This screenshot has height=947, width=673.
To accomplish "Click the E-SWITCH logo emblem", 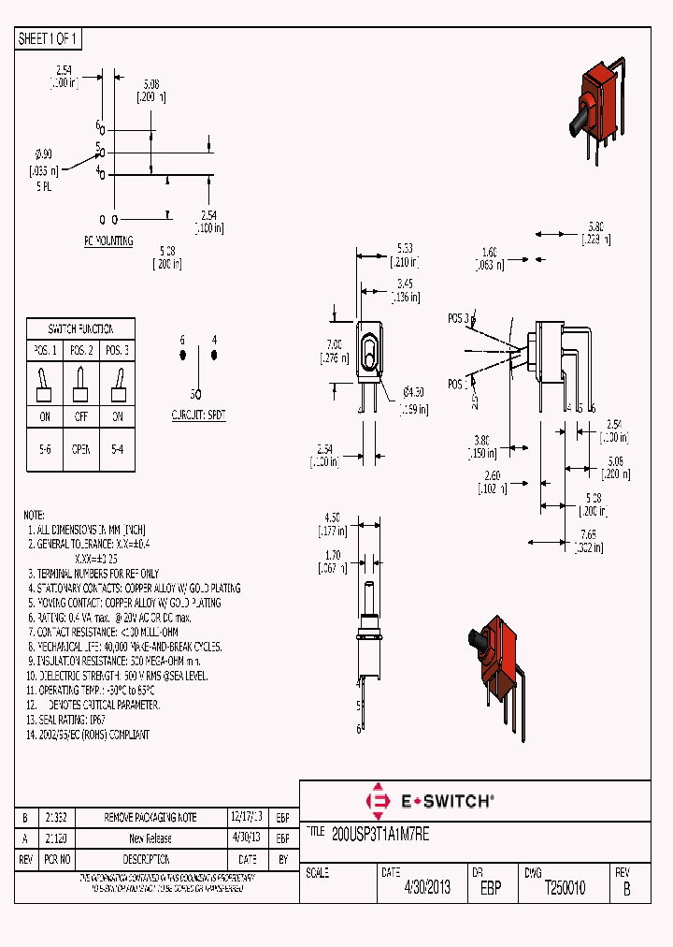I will pyautogui.click(x=379, y=801).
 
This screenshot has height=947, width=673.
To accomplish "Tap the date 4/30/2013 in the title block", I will pyautogui.click(x=427, y=888).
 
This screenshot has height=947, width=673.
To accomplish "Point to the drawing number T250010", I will pyautogui.click(x=566, y=888).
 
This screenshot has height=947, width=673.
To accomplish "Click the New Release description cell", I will pyautogui.click(x=150, y=838).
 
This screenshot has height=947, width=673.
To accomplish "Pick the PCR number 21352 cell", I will pyautogui.click(x=58, y=817).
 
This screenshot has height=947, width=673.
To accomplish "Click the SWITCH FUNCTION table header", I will pyautogui.click(x=80, y=328).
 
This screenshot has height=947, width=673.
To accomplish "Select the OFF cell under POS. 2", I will pyautogui.click(x=80, y=416).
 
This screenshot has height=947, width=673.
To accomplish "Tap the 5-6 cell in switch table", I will pyautogui.click(x=44, y=448).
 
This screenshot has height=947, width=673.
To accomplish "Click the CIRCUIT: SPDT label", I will pyautogui.click(x=198, y=414).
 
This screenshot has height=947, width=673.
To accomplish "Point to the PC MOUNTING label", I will pyautogui.click(x=108, y=240).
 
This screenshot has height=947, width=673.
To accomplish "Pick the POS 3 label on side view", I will pyautogui.click(x=458, y=318).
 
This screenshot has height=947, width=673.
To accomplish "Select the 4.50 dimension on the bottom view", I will pyautogui.click(x=331, y=516).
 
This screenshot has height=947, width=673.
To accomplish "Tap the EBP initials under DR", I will pyautogui.click(x=490, y=888).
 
